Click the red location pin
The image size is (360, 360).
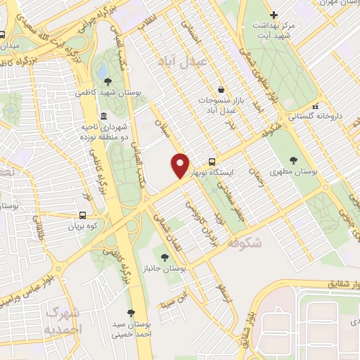click(181, 166)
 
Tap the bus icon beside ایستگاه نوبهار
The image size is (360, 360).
click(212, 161)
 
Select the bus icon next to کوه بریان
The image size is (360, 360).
click(84, 216)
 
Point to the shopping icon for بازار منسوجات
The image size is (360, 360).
click(221, 89)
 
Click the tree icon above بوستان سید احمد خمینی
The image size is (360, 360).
click(131, 311)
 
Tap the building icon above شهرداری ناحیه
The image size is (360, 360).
click(103, 116)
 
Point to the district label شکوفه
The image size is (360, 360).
click(245, 243)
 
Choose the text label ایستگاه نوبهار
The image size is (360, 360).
click(240, 171)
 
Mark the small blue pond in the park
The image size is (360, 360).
click(103, 71)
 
